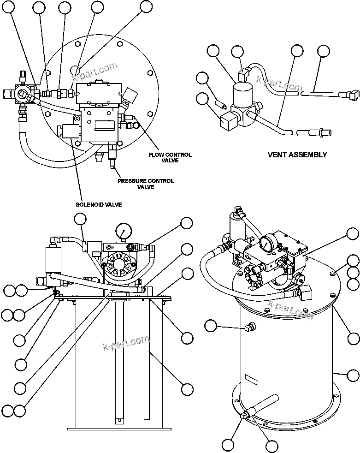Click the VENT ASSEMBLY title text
[297, 155]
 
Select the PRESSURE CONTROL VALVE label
[146, 184]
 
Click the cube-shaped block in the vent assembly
[228, 123]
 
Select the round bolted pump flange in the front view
[119, 267]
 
